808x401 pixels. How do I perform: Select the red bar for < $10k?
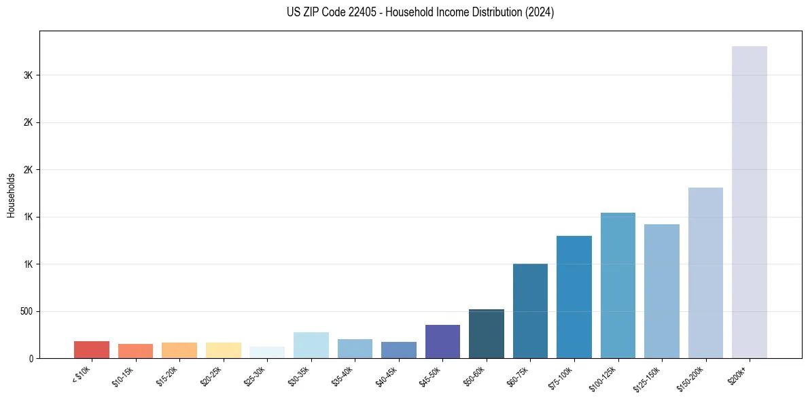(x=92, y=349)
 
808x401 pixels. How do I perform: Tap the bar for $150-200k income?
(x=705, y=273)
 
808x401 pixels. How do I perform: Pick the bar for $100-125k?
(x=618, y=285)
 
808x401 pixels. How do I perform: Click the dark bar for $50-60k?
(x=487, y=334)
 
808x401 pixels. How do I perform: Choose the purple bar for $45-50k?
(x=442, y=341)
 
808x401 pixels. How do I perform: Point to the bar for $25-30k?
(x=267, y=352)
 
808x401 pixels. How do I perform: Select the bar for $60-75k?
(x=530, y=311)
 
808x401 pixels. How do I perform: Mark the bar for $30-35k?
(x=311, y=345)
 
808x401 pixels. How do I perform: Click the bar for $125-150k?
(x=662, y=291)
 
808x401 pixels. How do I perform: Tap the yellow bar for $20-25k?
(x=224, y=350)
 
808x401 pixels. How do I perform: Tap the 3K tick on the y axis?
(x=29, y=75)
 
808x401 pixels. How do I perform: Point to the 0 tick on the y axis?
(x=31, y=358)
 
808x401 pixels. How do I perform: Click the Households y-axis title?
(x=11, y=195)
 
